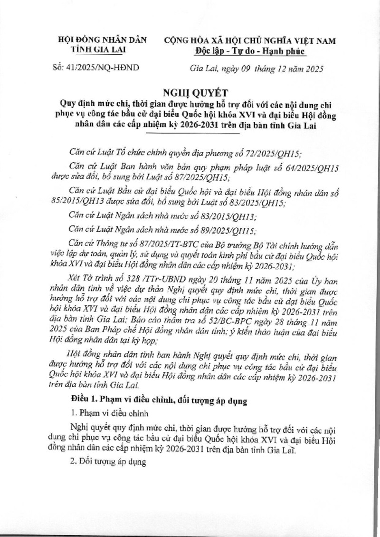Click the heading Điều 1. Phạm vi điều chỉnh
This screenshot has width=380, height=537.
point(158,401)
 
